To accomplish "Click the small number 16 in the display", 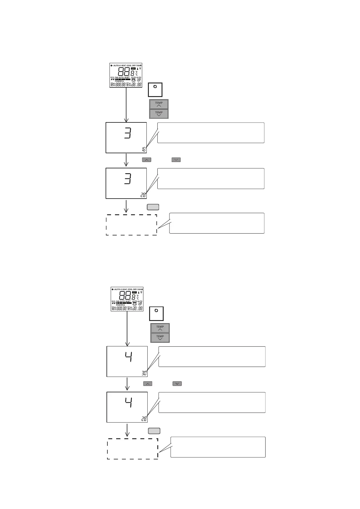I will pyautogui.click(x=144, y=149).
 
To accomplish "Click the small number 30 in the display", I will pyautogui.click(x=144, y=373).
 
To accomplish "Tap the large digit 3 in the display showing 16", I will pyautogui.click(x=128, y=133).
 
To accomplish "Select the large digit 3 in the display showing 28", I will pyautogui.click(x=128, y=179).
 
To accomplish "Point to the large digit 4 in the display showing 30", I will pyautogui.click(x=129, y=357).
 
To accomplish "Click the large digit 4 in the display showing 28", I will pyautogui.click(x=129, y=403).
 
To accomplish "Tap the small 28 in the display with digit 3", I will pyautogui.click(x=143, y=195).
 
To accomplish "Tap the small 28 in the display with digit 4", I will pyautogui.click(x=144, y=419).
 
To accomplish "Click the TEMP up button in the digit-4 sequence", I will pyautogui.click(x=160, y=328).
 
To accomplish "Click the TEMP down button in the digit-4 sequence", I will pyautogui.click(x=160, y=338).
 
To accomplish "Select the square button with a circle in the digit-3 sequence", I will pyautogui.click(x=155, y=89).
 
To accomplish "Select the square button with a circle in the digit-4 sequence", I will pyautogui.click(x=156, y=313).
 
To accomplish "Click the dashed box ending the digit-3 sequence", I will pyautogui.click(x=131, y=225).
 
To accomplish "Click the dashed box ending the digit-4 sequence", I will pyautogui.click(x=133, y=449).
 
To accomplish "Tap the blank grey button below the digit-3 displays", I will pyautogui.click(x=153, y=207).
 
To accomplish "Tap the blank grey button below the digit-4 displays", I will pyautogui.click(x=154, y=431).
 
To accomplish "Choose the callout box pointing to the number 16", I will pyautogui.click(x=211, y=133).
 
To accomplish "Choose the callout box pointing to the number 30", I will pyautogui.click(x=212, y=357).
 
